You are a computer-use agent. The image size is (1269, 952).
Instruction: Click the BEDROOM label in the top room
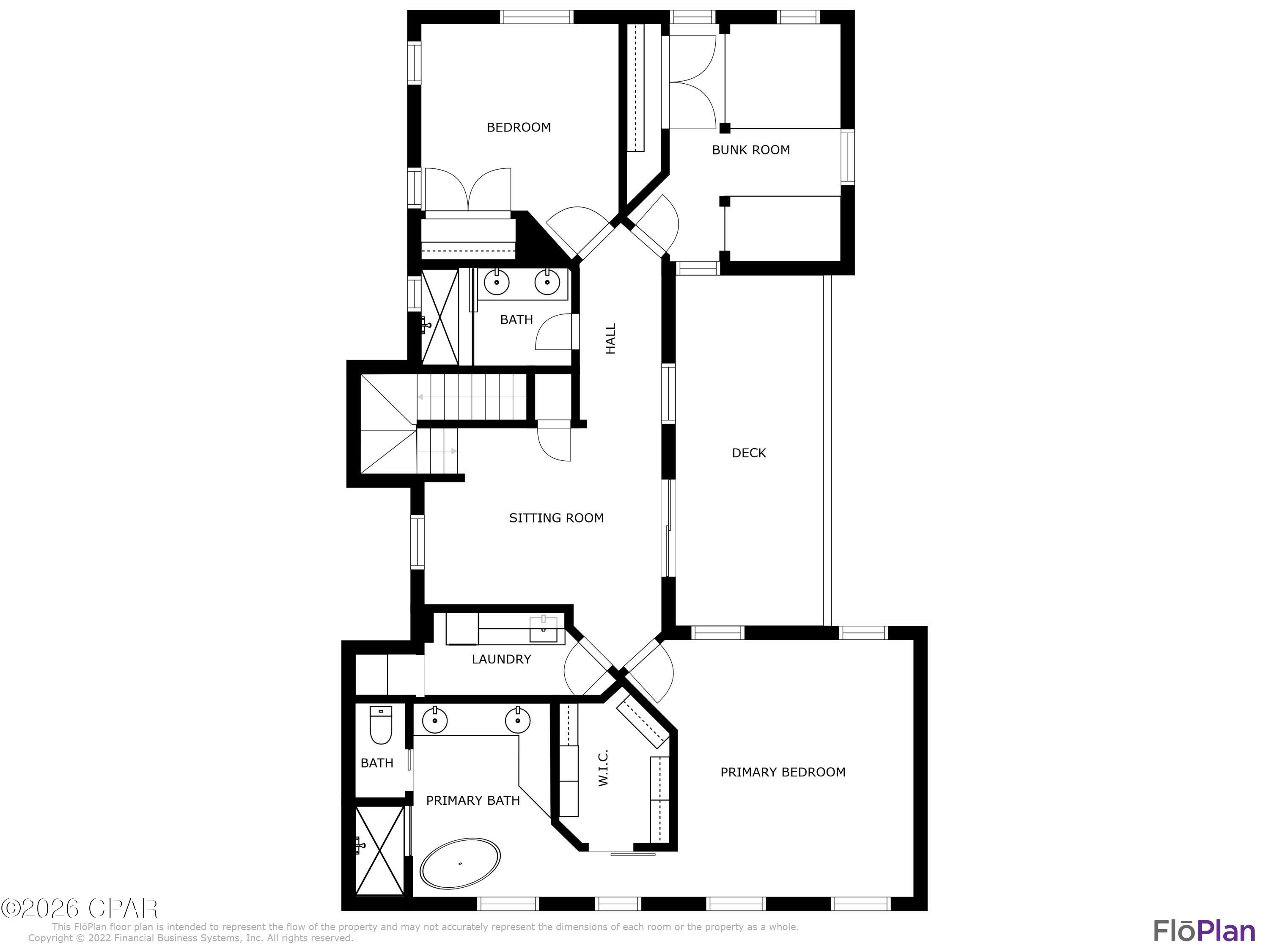click(518, 127)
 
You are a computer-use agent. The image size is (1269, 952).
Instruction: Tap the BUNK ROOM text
click(750, 150)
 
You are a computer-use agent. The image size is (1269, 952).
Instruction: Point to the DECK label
click(749, 453)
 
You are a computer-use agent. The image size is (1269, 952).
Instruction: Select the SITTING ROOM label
click(556, 517)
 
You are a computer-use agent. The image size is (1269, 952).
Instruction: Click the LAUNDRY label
click(501, 659)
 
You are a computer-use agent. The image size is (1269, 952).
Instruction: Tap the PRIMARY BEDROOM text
click(783, 772)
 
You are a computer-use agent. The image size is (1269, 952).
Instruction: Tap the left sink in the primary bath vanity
click(434, 721)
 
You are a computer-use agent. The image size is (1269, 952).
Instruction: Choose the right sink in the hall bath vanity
click(547, 282)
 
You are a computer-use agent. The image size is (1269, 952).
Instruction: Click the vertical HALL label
click(610, 338)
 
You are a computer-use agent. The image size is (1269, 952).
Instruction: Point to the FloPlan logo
click(1203, 931)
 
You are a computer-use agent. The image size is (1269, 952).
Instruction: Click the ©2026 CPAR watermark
click(79, 908)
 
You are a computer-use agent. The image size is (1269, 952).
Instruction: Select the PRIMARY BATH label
click(473, 800)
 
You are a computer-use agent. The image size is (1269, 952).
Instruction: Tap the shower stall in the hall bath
click(440, 317)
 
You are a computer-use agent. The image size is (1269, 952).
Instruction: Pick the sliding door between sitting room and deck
click(668, 528)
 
